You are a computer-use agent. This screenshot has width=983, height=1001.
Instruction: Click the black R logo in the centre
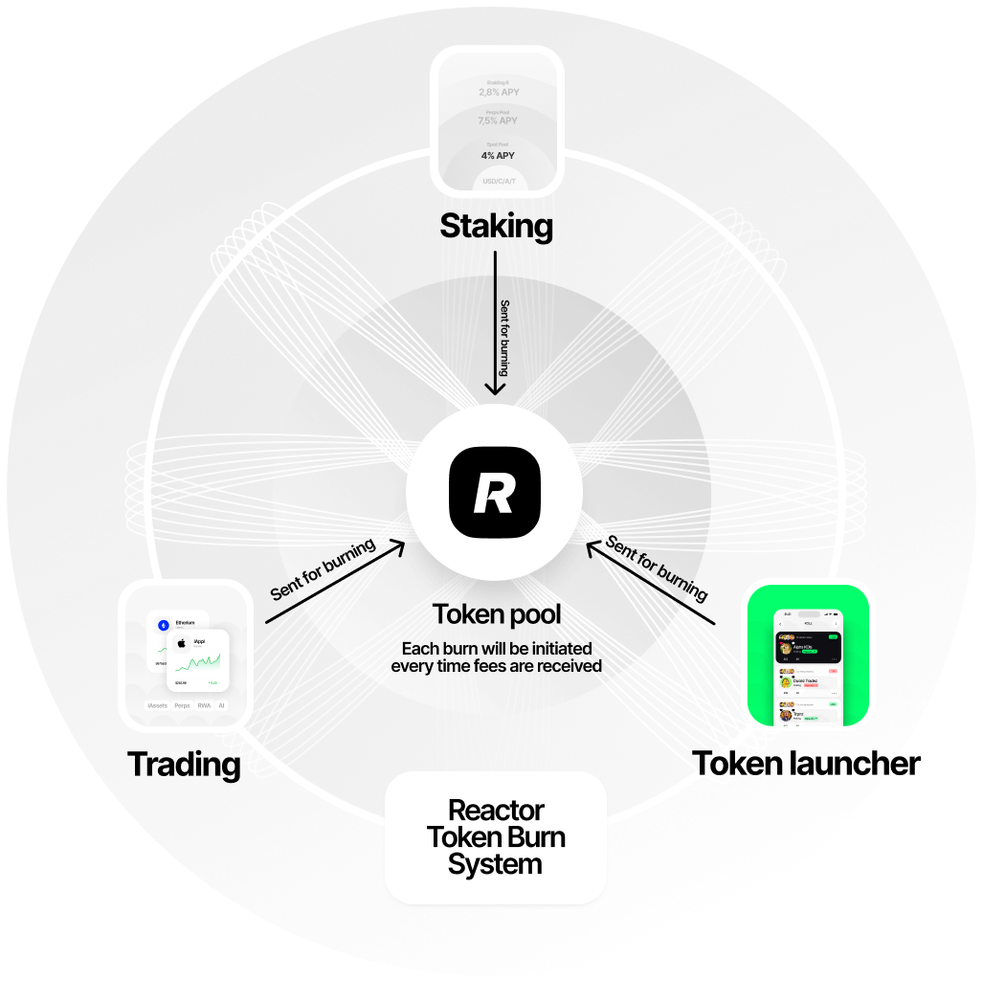coord(494,492)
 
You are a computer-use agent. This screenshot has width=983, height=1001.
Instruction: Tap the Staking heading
coord(496,227)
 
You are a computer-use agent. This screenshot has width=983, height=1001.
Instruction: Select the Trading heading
coord(184,765)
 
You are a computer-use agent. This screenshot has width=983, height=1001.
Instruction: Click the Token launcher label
coord(794,764)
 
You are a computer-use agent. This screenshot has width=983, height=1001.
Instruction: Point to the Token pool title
coord(496,613)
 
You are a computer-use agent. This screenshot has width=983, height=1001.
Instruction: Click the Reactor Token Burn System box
coord(496,837)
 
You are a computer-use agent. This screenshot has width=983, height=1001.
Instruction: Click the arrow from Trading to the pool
coord(335,583)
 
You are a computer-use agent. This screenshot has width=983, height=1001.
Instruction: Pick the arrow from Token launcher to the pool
coord(651,583)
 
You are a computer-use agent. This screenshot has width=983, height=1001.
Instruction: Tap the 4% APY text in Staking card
coord(498,155)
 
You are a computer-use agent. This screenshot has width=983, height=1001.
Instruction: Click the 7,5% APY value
coord(498,121)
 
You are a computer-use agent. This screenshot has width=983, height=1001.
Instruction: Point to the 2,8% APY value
coord(498,93)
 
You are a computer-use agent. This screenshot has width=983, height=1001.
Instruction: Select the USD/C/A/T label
coord(498,181)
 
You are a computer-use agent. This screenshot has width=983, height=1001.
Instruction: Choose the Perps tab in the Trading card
coord(181,704)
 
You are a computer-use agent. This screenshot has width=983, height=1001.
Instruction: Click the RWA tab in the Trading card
coord(204,704)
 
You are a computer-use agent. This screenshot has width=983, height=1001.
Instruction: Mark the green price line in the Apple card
coord(205,662)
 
